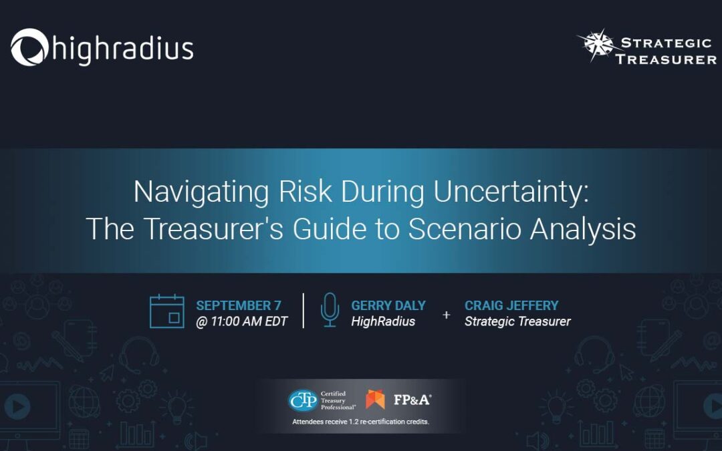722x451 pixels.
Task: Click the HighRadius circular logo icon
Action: click(29, 47)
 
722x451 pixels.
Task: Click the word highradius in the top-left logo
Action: click(123, 48)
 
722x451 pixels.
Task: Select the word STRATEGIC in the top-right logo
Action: click(667, 43)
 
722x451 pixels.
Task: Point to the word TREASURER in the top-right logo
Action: click(666, 59)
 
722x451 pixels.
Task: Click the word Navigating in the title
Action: click(201, 192)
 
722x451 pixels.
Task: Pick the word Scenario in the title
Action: click(465, 229)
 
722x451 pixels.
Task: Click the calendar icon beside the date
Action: click(166, 311)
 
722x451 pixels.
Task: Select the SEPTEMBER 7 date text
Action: click(239, 305)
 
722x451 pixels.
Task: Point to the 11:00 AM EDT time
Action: click(249, 321)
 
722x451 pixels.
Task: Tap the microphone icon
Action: click(330, 310)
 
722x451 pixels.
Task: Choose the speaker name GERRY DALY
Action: click(388, 305)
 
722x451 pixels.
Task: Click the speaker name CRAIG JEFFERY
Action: click(511, 305)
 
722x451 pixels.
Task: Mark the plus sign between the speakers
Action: click(446, 315)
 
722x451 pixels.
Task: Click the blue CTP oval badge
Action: click(303, 400)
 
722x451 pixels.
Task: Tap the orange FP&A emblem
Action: click(375, 400)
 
